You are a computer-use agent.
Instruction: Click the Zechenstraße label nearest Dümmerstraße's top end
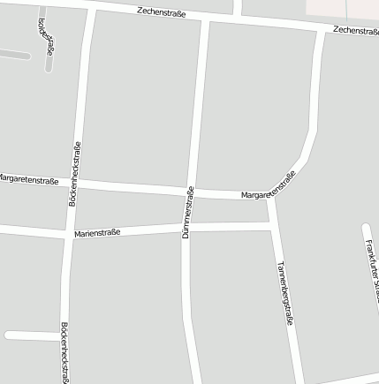162,12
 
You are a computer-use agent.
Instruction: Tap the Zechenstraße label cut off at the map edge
355,31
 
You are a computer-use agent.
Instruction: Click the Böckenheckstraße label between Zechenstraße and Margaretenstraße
75,173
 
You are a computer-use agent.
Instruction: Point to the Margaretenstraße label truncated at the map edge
28,180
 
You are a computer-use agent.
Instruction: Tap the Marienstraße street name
97,233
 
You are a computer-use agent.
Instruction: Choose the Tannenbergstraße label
284,293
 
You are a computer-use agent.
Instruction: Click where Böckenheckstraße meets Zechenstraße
90,11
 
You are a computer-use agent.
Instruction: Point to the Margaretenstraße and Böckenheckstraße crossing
77,183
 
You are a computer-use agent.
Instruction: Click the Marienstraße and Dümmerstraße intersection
187,228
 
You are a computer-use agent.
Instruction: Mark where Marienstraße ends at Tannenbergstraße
273,227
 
